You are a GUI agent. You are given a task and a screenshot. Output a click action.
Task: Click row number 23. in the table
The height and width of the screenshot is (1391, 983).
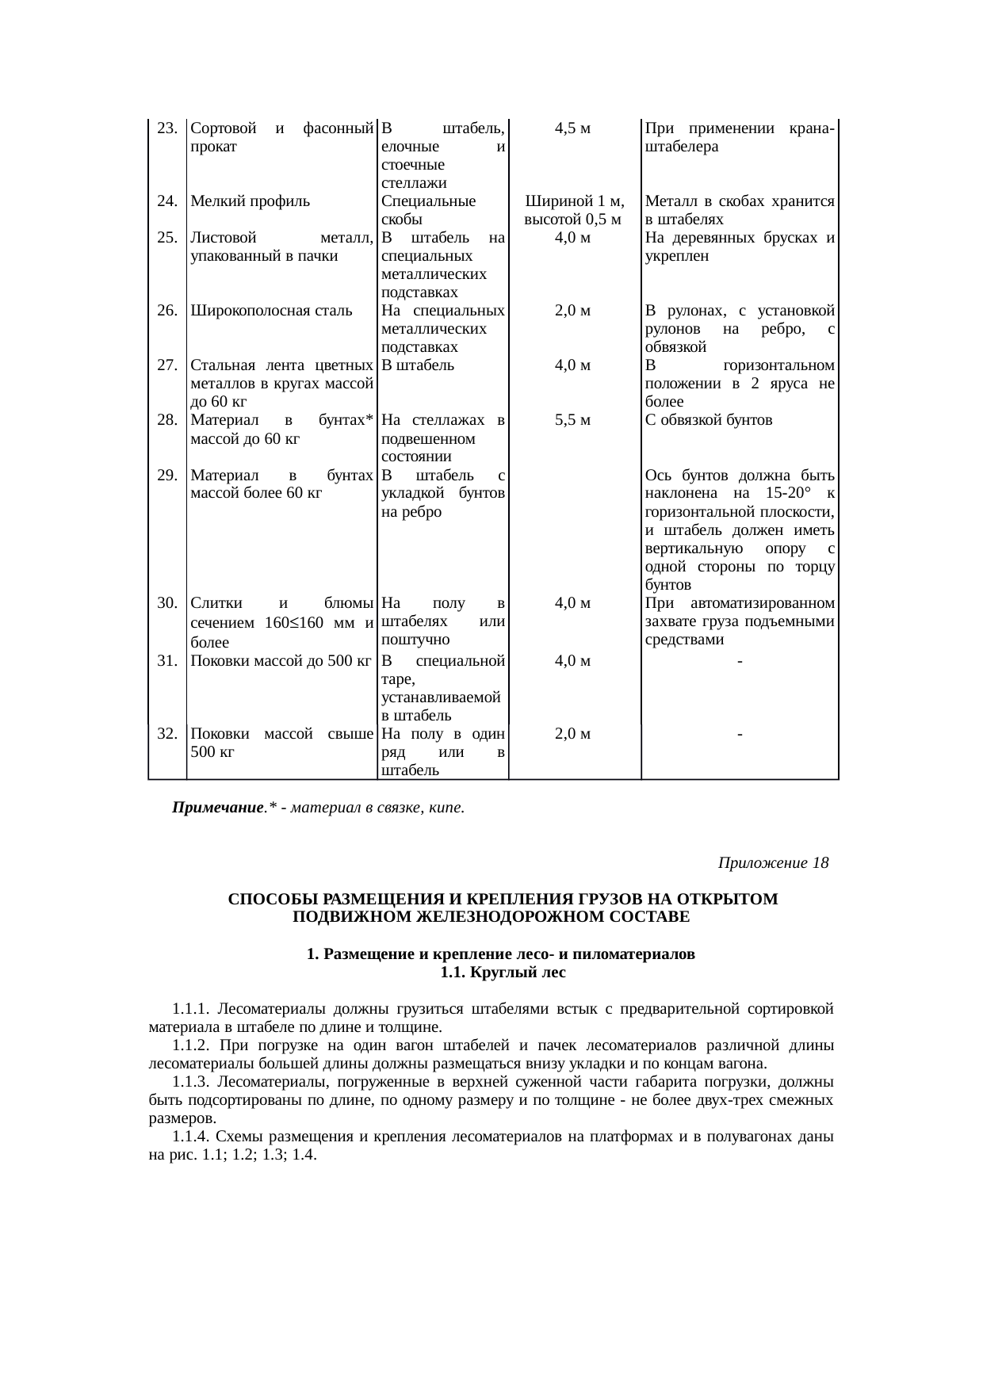(x=166, y=128)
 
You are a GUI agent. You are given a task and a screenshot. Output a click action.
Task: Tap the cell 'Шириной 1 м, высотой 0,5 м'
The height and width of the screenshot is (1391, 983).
(x=574, y=210)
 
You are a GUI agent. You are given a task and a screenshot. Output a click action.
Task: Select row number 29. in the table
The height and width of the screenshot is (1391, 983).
(x=166, y=476)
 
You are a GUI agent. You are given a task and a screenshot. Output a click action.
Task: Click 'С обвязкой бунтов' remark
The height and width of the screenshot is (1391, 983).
(x=709, y=420)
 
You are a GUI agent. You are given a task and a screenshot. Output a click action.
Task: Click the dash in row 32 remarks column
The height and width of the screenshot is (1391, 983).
(x=739, y=734)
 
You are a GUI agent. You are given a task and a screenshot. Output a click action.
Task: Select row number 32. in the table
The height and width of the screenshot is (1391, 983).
(x=166, y=734)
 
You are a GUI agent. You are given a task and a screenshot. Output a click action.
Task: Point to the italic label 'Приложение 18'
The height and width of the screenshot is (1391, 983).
(x=773, y=862)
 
